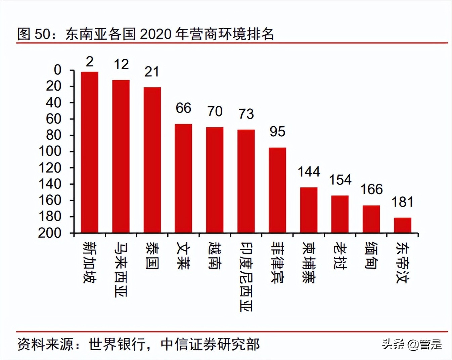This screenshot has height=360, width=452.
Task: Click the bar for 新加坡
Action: (89, 152)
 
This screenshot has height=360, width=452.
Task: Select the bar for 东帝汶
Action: (402, 225)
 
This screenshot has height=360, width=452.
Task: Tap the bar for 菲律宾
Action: (277, 190)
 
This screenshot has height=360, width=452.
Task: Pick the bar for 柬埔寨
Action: (309, 210)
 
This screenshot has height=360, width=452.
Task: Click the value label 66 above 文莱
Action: (183, 108)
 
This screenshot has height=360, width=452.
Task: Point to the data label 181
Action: (402, 203)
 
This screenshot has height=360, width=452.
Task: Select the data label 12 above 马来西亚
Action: (121, 64)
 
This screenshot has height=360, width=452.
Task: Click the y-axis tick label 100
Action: (50, 151)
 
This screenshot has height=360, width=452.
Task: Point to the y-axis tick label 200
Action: (50, 233)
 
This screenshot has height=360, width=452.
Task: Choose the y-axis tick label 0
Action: (58, 70)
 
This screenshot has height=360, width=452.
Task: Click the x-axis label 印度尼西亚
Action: (246, 277)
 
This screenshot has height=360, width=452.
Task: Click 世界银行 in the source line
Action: (117, 345)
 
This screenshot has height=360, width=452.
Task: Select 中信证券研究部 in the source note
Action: (210, 345)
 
